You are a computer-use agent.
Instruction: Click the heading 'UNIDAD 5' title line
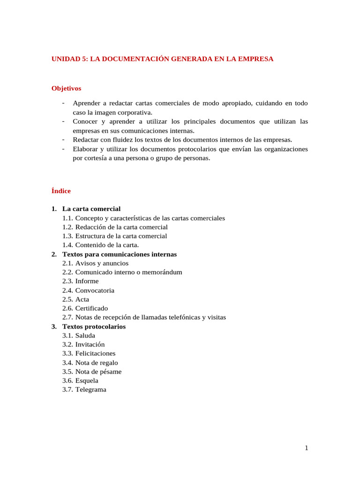[162, 59]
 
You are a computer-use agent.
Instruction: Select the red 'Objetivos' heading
[66, 88]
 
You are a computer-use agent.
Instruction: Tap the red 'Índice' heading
[61, 191]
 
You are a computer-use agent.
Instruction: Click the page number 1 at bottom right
[306, 448]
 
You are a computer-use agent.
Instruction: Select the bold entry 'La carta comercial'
[91, 209]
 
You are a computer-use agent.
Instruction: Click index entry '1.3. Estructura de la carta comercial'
[114, 236]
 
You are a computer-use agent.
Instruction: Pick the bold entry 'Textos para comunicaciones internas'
[120, 254]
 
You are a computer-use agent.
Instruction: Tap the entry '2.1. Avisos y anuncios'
[95, 263]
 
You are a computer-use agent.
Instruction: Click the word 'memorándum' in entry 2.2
[162, 272]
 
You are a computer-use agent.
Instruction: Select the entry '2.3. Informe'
[80, 281]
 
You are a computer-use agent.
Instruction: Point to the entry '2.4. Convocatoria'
[88, 291]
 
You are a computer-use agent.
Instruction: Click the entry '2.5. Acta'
[75, 300]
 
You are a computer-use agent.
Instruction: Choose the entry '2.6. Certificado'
[85, 308]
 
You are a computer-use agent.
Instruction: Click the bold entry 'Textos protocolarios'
[94, 327]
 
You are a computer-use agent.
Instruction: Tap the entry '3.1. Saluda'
[79, 336]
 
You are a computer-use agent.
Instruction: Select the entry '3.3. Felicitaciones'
[89, 353]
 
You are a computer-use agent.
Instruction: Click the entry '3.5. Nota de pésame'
[92, 372]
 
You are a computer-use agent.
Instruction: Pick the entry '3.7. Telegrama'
[84, 390]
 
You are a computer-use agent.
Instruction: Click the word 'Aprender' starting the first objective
[87, 103]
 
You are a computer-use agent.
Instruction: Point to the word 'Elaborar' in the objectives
[86, 149]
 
